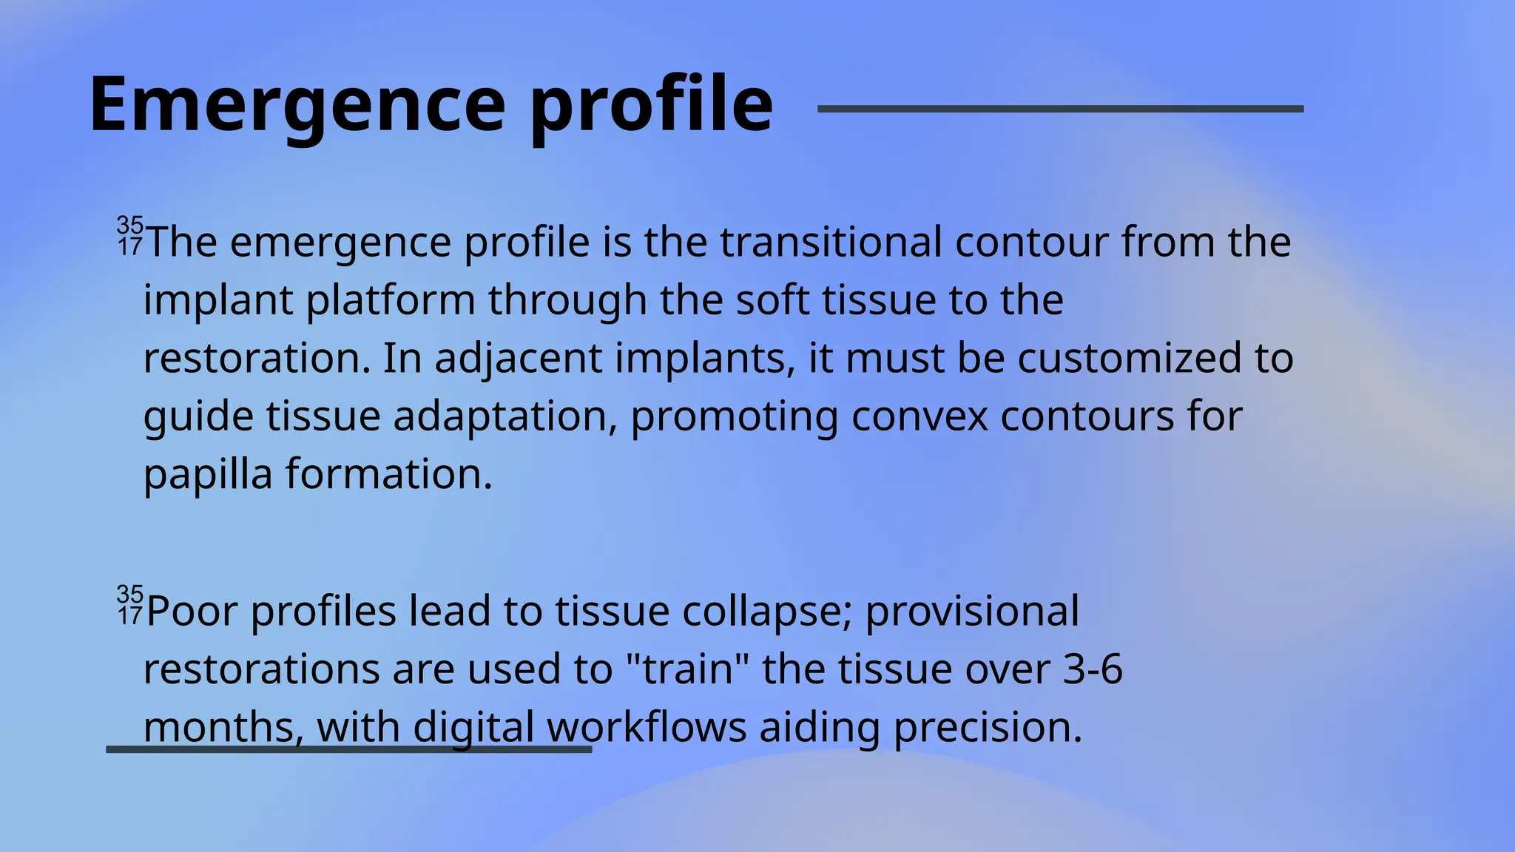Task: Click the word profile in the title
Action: (651, 105)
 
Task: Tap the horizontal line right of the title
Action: (1060, 109)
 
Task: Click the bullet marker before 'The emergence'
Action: (129, 236)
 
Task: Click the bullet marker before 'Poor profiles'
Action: (129, 605)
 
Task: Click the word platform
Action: (390, 300)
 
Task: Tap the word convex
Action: (920, 416)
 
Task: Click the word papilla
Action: (208, 475)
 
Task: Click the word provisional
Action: (971, 612)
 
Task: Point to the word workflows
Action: (647, 727)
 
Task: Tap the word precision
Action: (988, 728)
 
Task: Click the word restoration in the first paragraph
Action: (256, 358)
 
